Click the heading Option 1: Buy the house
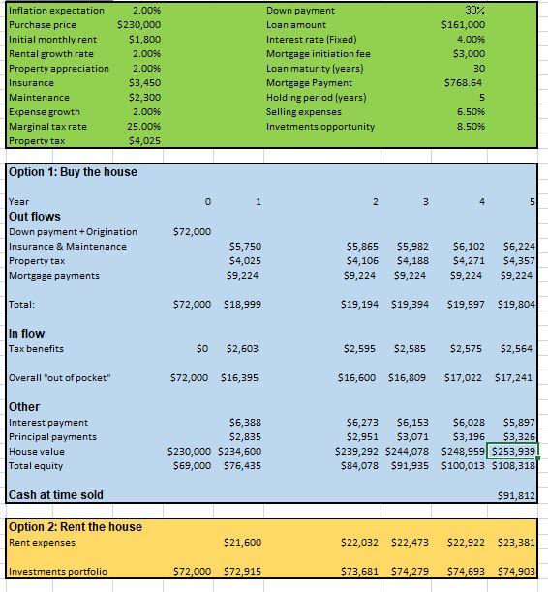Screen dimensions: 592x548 coord(73,172)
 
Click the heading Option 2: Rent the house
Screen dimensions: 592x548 coord(76,527)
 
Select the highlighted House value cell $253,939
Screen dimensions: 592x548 coord(513,451)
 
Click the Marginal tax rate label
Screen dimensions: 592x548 coord(47,126)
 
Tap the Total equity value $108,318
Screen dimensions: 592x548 coord(513,466)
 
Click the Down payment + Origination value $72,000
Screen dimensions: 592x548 coord(191,232)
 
